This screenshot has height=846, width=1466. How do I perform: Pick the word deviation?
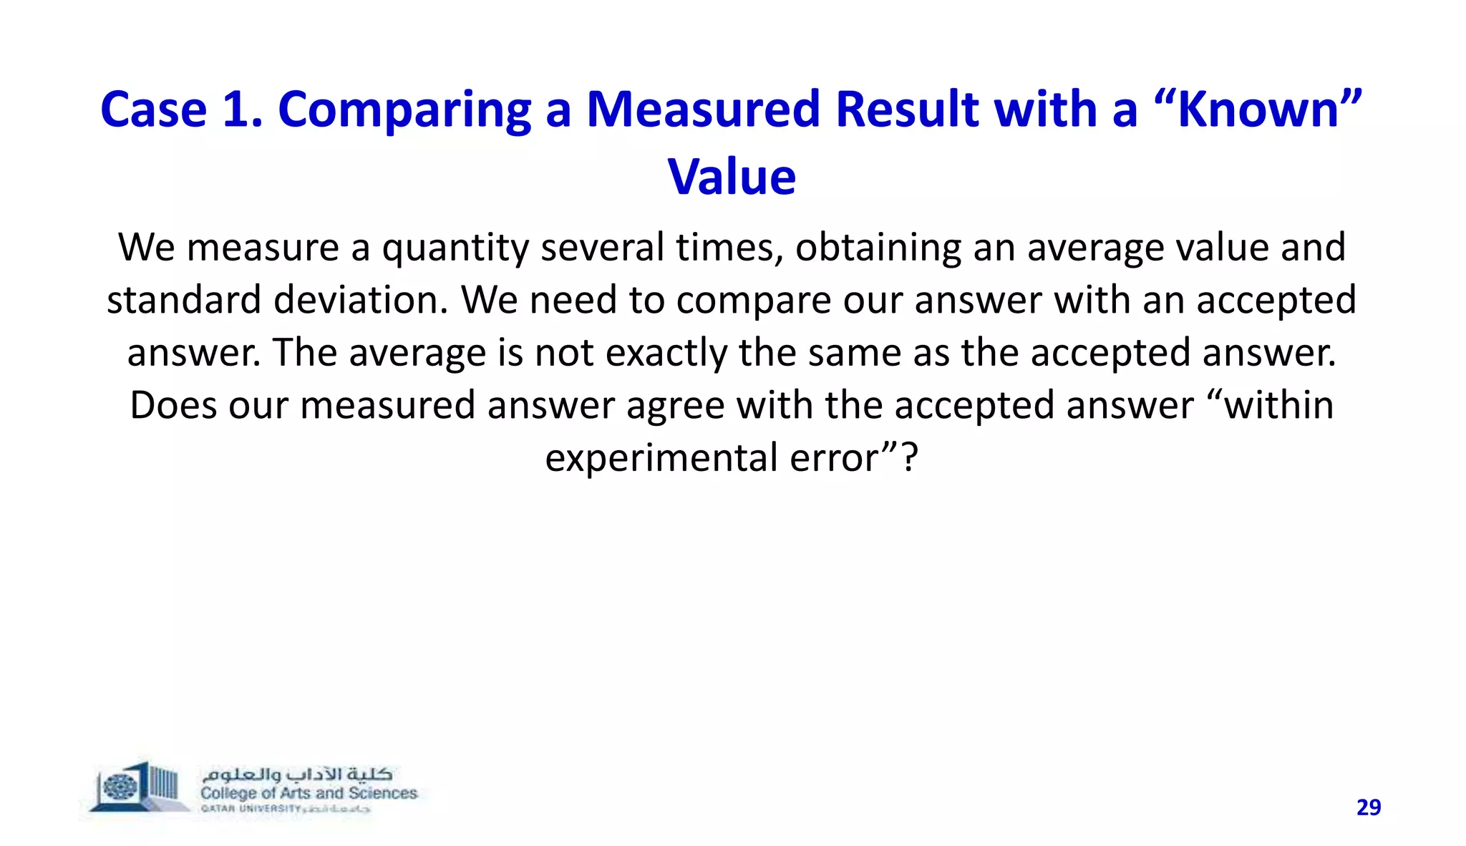361,300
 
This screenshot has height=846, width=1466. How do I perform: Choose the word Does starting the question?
173,405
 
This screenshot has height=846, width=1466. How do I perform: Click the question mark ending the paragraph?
908,457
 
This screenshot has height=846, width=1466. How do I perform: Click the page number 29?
1369,807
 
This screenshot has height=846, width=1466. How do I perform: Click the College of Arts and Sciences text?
309,793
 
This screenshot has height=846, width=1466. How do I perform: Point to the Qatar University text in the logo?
251,809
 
